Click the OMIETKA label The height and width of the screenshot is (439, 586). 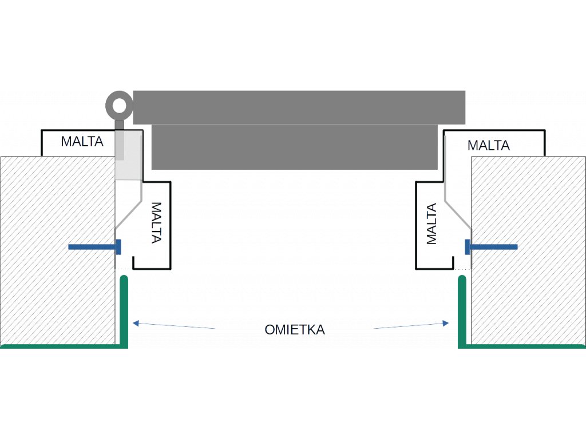(x=295, y=330)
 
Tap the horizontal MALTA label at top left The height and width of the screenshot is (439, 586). (x=82, y=142)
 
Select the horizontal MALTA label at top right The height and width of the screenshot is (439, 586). (x=489, y=145)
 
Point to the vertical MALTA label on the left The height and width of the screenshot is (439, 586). (x=156, y=223)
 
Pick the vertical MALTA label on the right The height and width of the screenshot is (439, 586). (x=431, y=224)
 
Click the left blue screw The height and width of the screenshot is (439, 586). (x=95, y=247)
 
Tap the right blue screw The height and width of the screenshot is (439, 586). (x=491, y=247)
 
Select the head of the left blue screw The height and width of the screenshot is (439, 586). (x=118, y=247)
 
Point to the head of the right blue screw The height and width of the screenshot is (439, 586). (x=468, y=247)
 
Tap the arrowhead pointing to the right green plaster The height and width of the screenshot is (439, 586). (x=445, y=324)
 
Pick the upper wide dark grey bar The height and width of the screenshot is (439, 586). (x=299, y=107)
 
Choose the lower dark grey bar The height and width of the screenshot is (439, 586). (x=295, y=147)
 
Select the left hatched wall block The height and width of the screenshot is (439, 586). (x=58, y=250)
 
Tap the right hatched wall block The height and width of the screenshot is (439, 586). (x=528, y=250)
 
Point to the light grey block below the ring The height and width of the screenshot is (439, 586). (x=129, y=155)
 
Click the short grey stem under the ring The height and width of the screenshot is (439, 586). (x=119, y=124)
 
